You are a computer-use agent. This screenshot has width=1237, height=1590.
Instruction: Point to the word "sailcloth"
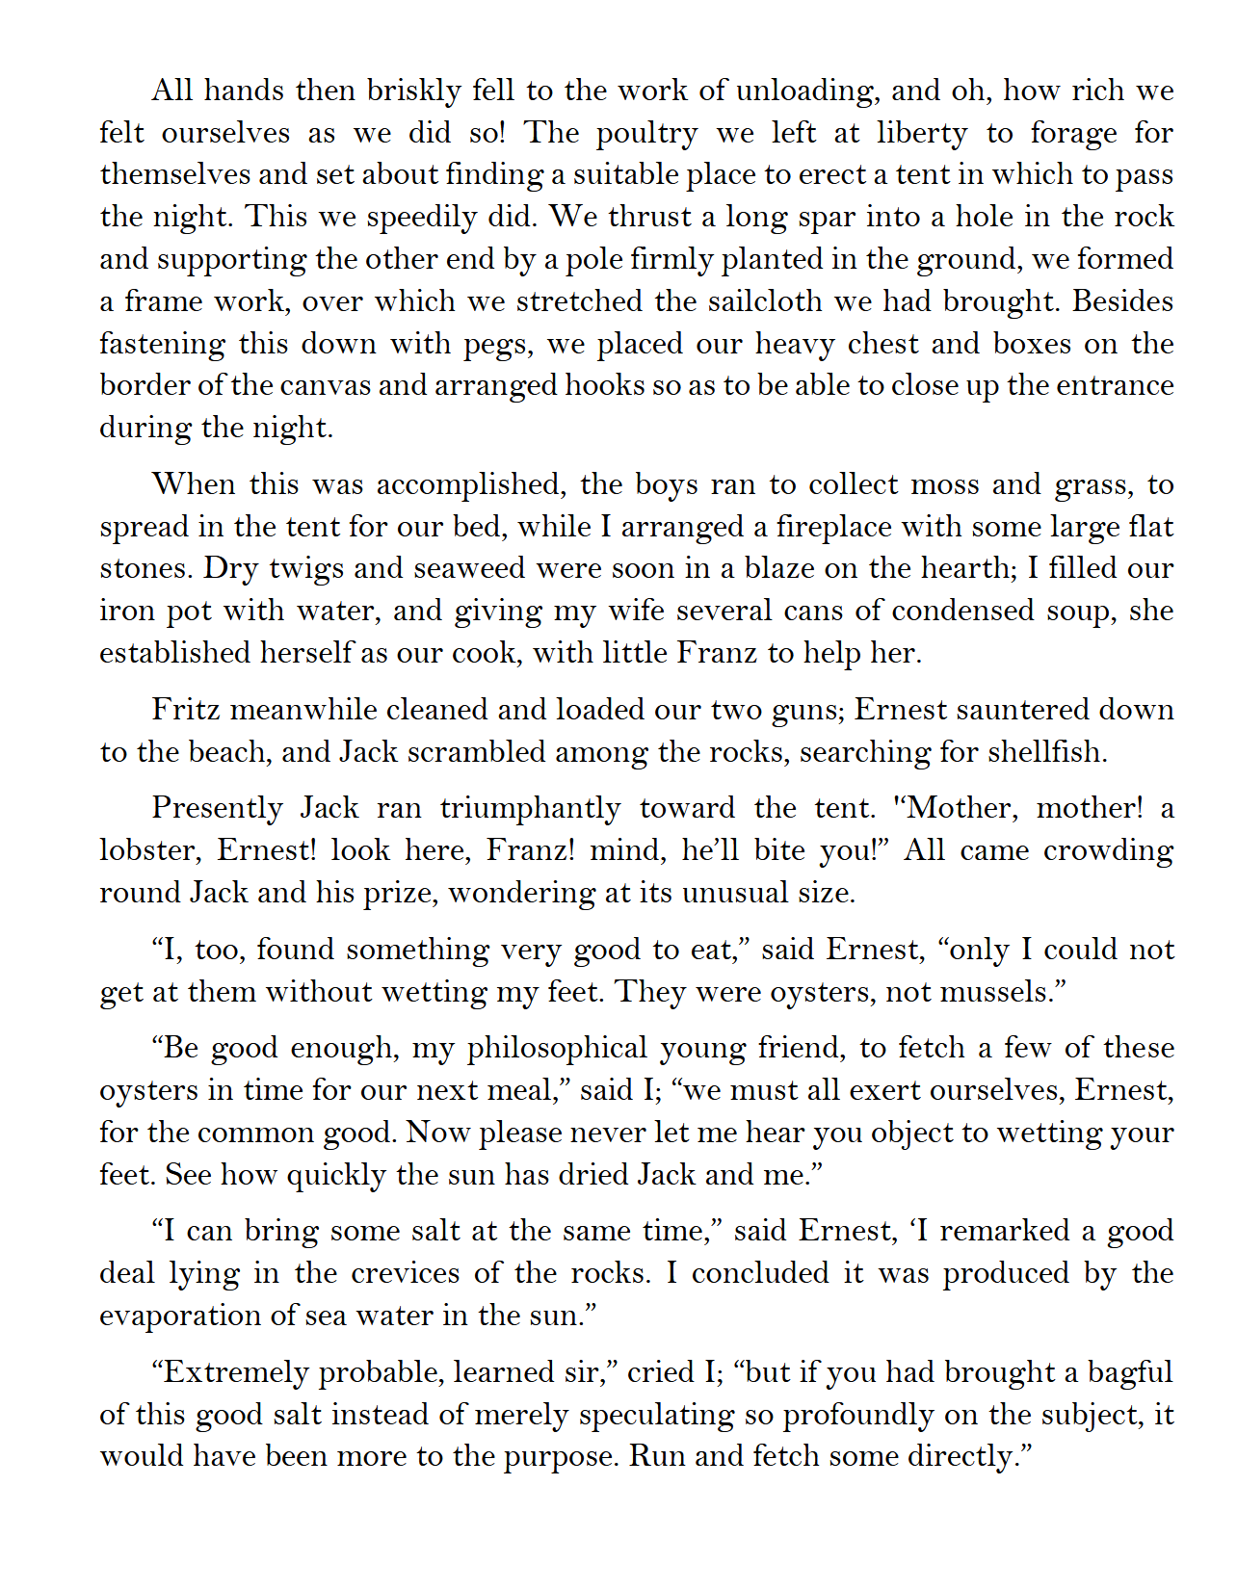[x=739, y=301]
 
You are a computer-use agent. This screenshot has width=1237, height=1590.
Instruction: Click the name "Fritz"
[x=182, y=710]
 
